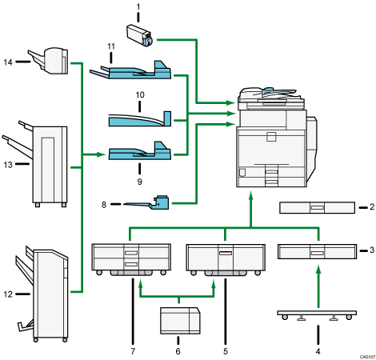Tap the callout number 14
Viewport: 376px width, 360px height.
(x=9, y=61)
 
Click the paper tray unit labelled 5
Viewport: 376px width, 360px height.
(x=224, y=257)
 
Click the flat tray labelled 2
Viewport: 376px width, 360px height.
(x=318, y=208)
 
